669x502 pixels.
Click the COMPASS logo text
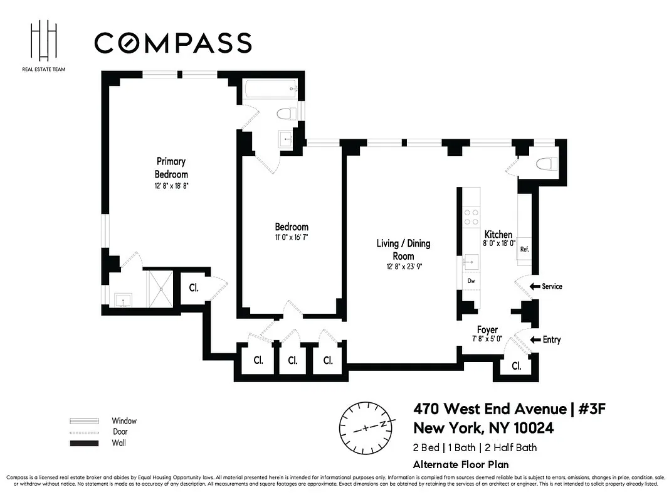coord(172,43)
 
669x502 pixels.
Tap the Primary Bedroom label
coord(171,168)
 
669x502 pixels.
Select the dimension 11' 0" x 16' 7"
coord(291,237)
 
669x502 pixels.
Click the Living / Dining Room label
coord(403,249)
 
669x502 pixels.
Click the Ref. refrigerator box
coord(524,249)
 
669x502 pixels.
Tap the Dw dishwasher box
coord(471,282)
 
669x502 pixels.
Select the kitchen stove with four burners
coord(471,217)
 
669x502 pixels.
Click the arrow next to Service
coord(535,286)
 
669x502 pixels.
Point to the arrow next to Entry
coord(535,339)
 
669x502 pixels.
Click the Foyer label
coord(487,329)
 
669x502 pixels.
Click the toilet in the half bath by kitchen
coord(547,164)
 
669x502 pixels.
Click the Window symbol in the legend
coord(83,421)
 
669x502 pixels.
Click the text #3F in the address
coord(591,409)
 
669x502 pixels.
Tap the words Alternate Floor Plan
coord(460,465)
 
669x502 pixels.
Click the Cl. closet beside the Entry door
coord(516,366)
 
